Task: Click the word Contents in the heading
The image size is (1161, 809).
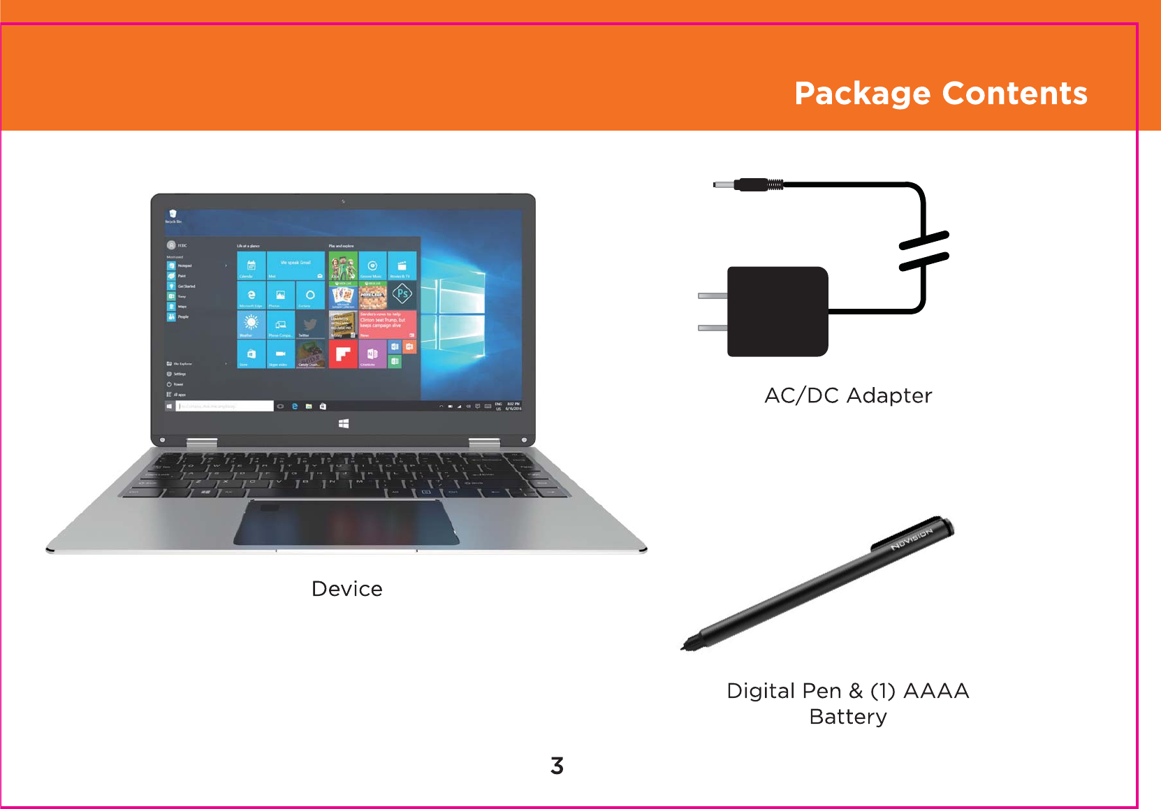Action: (x=1014, y=94)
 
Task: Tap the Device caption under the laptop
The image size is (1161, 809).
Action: (x=346, y=589)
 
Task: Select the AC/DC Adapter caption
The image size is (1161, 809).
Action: (x=848, y=395)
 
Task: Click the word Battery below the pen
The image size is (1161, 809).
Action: (x=848, y=717)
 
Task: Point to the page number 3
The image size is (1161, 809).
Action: (x=557, y=766)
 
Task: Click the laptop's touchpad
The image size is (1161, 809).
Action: (x=346, y=523)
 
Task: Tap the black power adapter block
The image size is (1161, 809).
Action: (x=777, y=312)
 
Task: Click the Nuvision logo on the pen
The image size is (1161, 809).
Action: (x=912, y=539)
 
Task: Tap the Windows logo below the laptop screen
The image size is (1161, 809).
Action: (x=343, y=423)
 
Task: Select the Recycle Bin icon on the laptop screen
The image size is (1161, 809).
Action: (x=173, y=215)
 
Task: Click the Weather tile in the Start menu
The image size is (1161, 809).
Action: (x=251, y=324)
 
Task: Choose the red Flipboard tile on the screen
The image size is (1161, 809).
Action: (x=342, y=354)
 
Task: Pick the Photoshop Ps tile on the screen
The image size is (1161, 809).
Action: (x=402, y=295)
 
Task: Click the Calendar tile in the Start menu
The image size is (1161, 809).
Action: (x=251, y=266)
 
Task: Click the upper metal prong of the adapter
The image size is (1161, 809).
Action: (x=713, y=296)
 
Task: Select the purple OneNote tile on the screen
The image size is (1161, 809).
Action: (x=372, y=354)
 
